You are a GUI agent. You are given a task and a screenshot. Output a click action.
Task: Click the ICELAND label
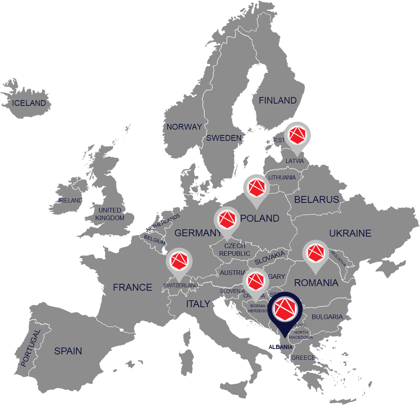click(29, 103)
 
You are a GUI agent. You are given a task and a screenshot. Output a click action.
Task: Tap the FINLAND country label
click(278, 100)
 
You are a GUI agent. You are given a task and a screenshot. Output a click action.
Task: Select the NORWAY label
click(184, 127)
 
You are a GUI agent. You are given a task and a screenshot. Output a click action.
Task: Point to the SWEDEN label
click(224, 138)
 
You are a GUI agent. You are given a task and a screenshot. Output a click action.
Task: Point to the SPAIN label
click(68, 351)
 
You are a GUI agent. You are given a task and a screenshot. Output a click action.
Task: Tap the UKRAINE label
click(350, 233)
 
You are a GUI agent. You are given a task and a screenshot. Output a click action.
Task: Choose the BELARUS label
click(316, 199)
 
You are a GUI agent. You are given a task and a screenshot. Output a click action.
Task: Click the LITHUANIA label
click(282, 178)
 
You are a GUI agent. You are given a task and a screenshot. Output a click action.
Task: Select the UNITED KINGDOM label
click(110, 214)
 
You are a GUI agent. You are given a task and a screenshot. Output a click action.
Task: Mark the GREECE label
click(303, 358)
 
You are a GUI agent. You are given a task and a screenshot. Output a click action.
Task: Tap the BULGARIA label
click(327, 317)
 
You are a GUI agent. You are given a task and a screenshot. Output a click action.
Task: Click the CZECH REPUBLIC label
click(235, 250)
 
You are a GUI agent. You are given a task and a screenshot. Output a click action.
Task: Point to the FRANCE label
click(132, 287)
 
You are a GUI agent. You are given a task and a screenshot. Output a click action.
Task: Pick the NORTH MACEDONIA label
click(301, 335)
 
